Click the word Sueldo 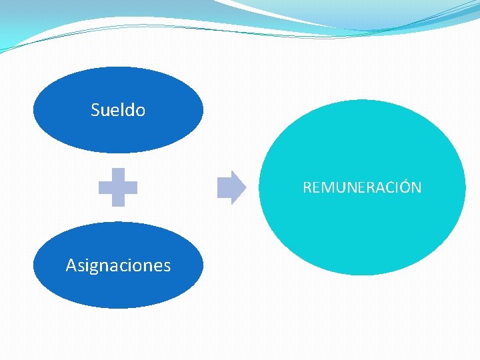[x=118, y=110]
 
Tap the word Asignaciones [x=118, y=265]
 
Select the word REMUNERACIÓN [x=362, y=187]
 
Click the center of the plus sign [x=118, y=187]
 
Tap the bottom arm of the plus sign [x=118, y=201]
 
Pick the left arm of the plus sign [x=105, y=187]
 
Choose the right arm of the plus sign [x=131, y=187]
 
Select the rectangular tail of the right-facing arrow [x=225, y=187]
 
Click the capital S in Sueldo [x=95, y=110]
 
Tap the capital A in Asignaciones [x=71, y=265]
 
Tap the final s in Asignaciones [x=167, y=266]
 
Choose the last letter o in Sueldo [x=140, y=111]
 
